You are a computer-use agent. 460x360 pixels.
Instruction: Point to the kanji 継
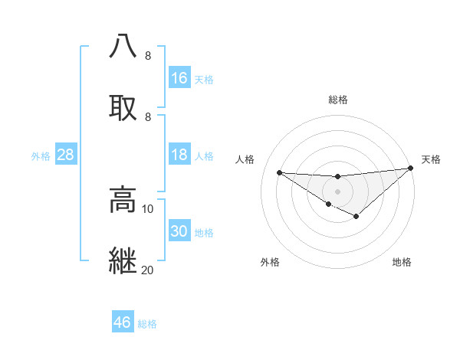tap(123, 260)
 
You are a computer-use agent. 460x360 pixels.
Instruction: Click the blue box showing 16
tap(179, 78)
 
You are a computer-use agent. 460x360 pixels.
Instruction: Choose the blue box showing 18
tap(179, 155)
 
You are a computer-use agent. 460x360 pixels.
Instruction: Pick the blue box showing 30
tap(179, 231)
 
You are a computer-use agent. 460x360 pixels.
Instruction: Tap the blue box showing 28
tap(65, 155)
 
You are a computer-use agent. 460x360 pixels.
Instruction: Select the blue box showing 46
tap(122, 322)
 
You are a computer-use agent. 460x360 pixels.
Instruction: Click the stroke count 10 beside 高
tap(148, 208)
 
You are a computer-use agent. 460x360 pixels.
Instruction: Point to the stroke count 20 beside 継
tap(148, 270)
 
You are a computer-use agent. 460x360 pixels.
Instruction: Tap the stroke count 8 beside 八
tap(148, 55)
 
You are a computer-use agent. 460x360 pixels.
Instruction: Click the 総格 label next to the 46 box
tap(147, 324)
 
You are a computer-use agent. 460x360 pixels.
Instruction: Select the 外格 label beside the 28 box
tap(41, 155)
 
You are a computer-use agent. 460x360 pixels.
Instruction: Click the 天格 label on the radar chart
tap(432, 159)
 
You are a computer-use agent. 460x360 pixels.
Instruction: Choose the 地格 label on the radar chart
tap(402, 262)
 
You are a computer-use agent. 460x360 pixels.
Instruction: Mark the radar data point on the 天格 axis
tap(410, 168)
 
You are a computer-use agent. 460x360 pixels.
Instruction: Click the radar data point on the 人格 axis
tap(279, 172)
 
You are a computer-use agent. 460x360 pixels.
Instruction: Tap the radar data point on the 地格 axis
tap(356, 217)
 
